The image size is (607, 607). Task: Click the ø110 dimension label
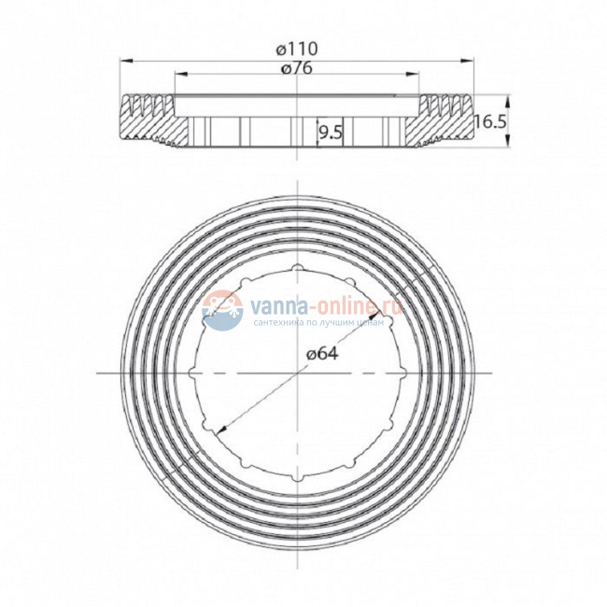(x=297, y=49)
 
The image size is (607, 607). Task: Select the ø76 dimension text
(x=297, y=68)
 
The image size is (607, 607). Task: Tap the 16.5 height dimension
(x=490, y=122)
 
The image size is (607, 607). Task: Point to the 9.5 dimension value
(x=331, y=133)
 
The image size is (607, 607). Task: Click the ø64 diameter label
(x=322, y=353)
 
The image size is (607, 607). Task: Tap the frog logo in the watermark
(x=222, y=310)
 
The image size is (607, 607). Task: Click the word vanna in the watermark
(x=279, y=306)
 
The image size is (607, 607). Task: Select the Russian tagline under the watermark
(x=319, y=322)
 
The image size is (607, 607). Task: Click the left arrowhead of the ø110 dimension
(x=126, y=61)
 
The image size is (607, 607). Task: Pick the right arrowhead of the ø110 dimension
(x=467, y=61)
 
